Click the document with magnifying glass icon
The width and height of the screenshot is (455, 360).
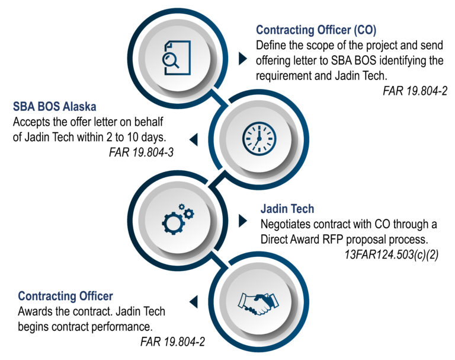point(177,58)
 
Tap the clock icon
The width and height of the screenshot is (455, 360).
point(259,138)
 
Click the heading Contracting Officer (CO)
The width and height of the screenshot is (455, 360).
point(316,30)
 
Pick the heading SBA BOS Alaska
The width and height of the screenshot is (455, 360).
point(55,107)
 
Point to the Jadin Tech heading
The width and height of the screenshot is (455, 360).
point(287,209)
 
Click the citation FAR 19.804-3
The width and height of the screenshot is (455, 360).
point(142,152)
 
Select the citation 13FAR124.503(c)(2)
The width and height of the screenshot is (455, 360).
point(392,254)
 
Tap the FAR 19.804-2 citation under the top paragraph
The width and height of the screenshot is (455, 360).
point(415,91)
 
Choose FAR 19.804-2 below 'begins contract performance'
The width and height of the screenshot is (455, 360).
point(172,342)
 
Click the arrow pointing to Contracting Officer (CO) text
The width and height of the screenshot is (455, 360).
point(243,59)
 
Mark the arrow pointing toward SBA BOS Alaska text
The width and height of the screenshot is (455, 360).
point(194,139)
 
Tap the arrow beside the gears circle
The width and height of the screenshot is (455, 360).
point(243,221)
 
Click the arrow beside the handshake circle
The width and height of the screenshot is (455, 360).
point(194,302)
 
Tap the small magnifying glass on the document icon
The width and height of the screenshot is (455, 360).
point(171,60)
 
